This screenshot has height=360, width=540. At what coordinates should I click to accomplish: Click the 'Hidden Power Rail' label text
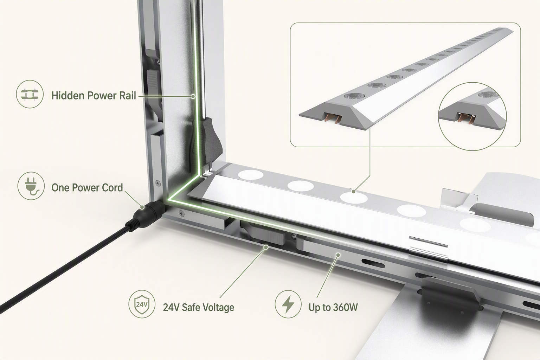[x=94, y=96]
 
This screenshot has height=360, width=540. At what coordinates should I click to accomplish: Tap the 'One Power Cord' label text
[x=87, y=188]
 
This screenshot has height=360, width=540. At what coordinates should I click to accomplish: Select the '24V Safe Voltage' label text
[x=198, y=308]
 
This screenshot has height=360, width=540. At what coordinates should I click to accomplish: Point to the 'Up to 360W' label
[x=333, y=307]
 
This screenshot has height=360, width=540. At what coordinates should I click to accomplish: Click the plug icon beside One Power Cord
[x=31, y=186]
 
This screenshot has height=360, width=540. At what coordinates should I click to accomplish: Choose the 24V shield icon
[x=142, y=304]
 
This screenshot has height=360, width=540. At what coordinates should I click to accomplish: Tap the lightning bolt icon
[x=288, y=304]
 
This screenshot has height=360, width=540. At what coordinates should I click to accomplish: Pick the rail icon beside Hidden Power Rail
[x=30, y=94]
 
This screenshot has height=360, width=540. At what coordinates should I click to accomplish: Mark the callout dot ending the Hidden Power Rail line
[x=193, y=96]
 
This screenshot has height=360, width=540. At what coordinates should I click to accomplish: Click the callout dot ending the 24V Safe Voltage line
[x=266, y=247]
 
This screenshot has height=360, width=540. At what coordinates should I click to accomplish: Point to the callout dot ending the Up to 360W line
[x=338, y=255]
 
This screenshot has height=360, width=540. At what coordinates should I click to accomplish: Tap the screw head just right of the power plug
[x=181, y=213]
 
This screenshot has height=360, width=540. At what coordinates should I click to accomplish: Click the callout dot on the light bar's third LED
[x=354, y=192]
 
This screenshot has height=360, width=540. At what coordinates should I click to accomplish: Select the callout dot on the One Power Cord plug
[x=142, y=207]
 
